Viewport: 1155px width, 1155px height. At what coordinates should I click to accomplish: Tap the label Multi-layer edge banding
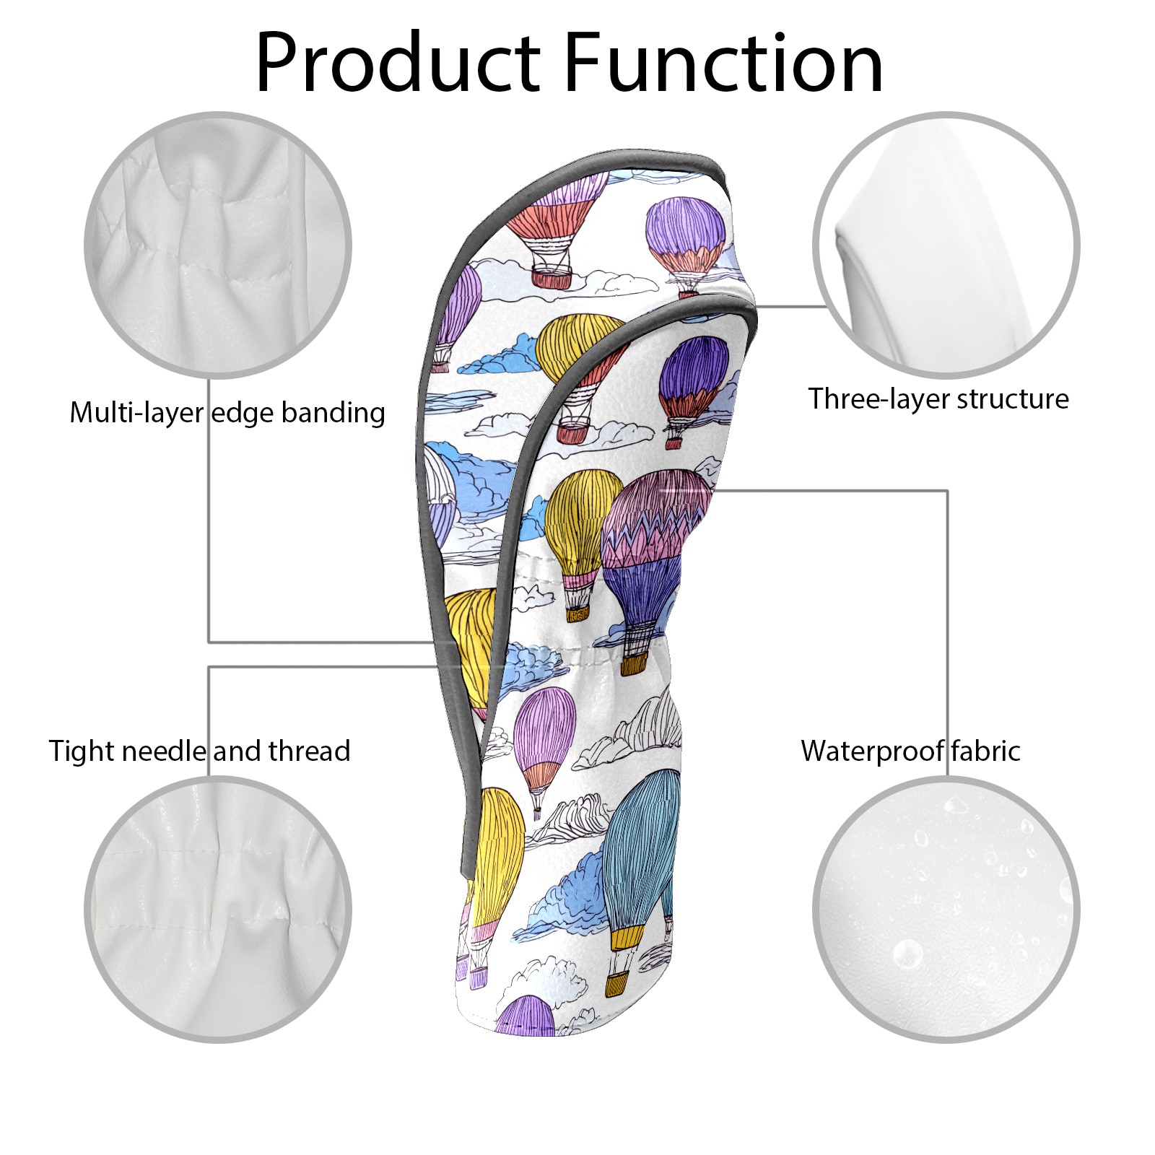pyautogui.click(x=227, y=413)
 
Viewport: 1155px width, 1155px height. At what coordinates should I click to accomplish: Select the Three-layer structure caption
pyautogui.click(x=938, y=398)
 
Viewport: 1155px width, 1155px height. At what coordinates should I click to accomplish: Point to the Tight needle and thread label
pyautogui.click(x=199, y=751)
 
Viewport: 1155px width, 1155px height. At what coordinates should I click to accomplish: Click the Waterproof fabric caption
pyautogui.click(x=910, y=751)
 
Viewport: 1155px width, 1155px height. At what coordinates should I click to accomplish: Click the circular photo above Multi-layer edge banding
pyautogui.click(x=218, y=245)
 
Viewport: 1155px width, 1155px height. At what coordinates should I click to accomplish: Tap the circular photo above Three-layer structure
pyautogui.click(x=946, y=245)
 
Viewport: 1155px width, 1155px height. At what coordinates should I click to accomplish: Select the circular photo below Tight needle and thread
pyautogui.click(x=218, y=909)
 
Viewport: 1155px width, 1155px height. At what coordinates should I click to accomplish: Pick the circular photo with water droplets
pyautogui.click(x=946, y=909)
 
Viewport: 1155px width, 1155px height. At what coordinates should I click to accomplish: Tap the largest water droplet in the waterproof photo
pyautogui.click(x=907, y=954)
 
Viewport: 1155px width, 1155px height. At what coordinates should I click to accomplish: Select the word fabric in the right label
pyautogui.click(x=985, y=751)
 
